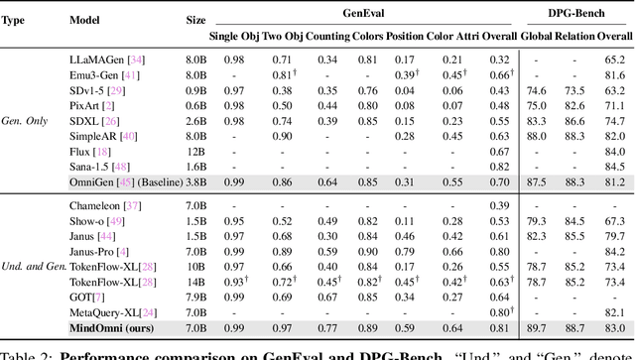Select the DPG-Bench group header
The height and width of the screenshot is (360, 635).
(576, 10)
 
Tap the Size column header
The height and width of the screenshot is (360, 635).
(196, 19)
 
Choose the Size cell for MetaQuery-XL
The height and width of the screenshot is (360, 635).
(196, 309)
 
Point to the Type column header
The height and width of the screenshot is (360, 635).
(19, 19)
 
